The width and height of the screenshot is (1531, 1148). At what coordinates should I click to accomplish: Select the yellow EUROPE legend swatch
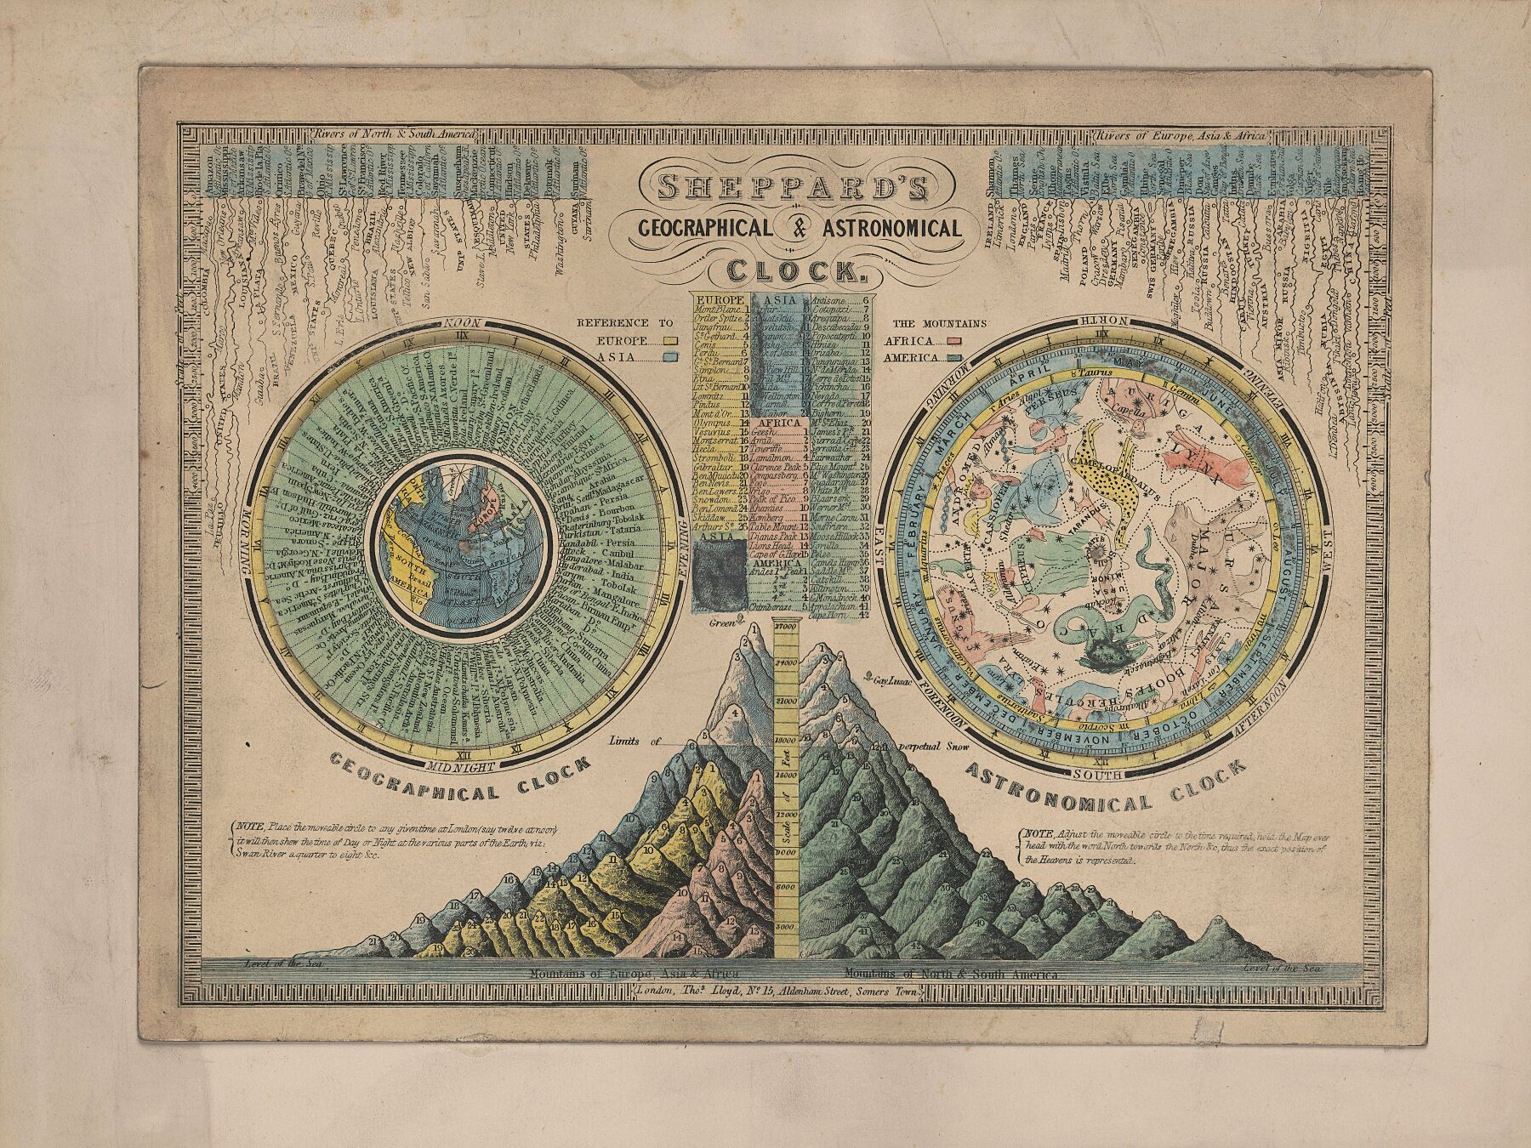click(671, 340)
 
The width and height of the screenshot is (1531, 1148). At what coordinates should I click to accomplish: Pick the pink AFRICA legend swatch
click(954, 340)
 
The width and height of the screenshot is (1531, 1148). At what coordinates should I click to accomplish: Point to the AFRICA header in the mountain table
click(777, 422)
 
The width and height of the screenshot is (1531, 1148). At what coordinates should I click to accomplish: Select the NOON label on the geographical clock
click(464, 324)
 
